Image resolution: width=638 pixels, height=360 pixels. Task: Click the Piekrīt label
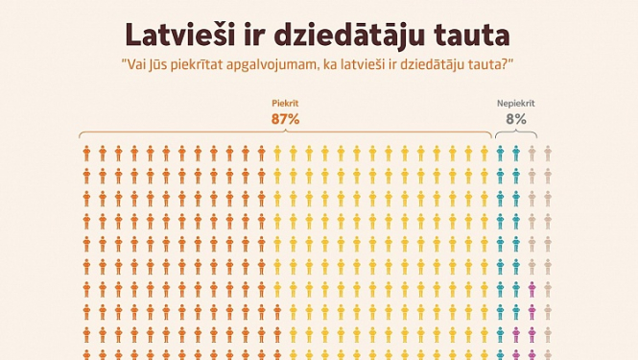pyautogui.click(x=285, y=103)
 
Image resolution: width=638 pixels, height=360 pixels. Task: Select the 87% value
pyautogui.click(x=285, y=119)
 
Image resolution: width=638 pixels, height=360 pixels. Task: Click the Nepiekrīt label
pyautogui.click(x=515, y=103)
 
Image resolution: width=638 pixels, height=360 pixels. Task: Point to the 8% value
pyautogui.click(x=515, y=119)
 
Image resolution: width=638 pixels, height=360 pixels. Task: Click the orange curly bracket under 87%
pyautogui.click(x=285, y=134)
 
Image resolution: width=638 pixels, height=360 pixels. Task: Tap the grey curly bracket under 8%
pyautogui.click(x=515, y=134)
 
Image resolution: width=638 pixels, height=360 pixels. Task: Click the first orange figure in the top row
pyautogui.click(x=86, y=153)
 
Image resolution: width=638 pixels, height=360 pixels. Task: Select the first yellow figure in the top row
pyautogui.click(x=277, y=153)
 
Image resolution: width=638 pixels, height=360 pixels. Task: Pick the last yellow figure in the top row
pyautogui.click(x=484, y=153)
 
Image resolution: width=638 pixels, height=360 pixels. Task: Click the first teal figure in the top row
pyautogui.click(x=500, y=153)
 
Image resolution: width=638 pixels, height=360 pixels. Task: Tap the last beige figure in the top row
pyautogui.click(x=548, y=153)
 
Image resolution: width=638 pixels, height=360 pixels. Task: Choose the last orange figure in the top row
pyautogui.click(x=261, y=153)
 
